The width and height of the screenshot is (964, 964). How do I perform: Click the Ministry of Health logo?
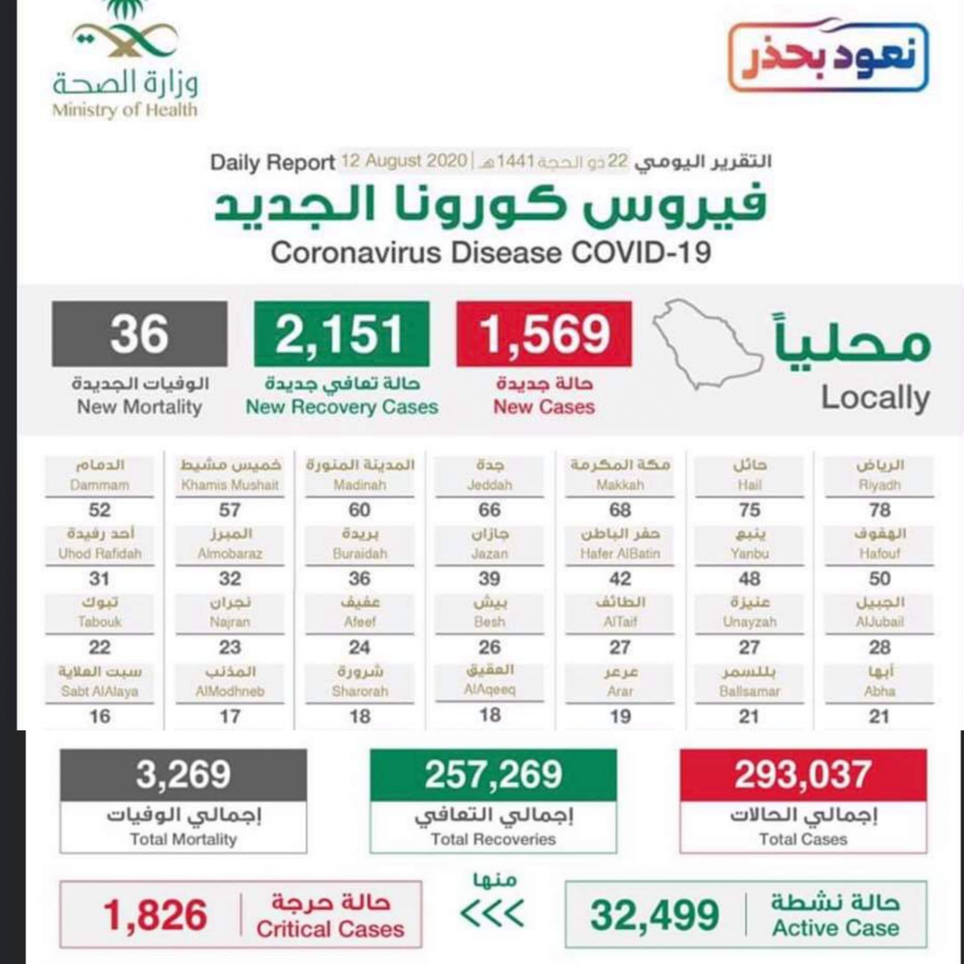[125, 60]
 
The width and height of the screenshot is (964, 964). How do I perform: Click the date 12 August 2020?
[404, 162]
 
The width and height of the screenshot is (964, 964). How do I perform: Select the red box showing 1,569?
[544, 334]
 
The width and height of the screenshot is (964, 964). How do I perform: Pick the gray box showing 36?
[139, 334]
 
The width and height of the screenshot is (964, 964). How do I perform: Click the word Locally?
[875, 398]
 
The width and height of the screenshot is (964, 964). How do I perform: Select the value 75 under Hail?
[749, 510]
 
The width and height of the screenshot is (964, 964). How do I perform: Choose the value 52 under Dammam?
[99, 510]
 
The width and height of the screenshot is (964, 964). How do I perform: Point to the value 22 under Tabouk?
[99, 648]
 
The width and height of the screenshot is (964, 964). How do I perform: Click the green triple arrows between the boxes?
[492, 913]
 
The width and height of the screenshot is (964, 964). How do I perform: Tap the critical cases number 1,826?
[155, 915]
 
